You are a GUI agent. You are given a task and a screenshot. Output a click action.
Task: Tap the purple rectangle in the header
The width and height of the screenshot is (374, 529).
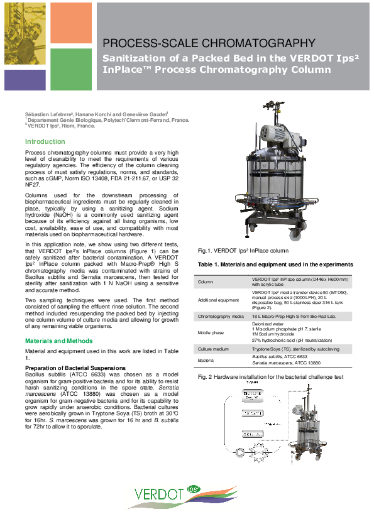25,80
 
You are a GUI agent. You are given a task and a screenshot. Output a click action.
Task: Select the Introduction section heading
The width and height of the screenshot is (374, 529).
45,141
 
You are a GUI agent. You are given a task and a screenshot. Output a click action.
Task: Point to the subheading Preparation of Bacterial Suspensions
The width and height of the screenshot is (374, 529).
67,368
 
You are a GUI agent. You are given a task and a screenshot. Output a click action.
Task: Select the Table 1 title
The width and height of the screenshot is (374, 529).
275,264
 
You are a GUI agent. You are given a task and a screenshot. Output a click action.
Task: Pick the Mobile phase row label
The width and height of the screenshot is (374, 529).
212,334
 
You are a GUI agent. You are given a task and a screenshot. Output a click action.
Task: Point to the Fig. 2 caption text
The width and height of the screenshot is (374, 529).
272,377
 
